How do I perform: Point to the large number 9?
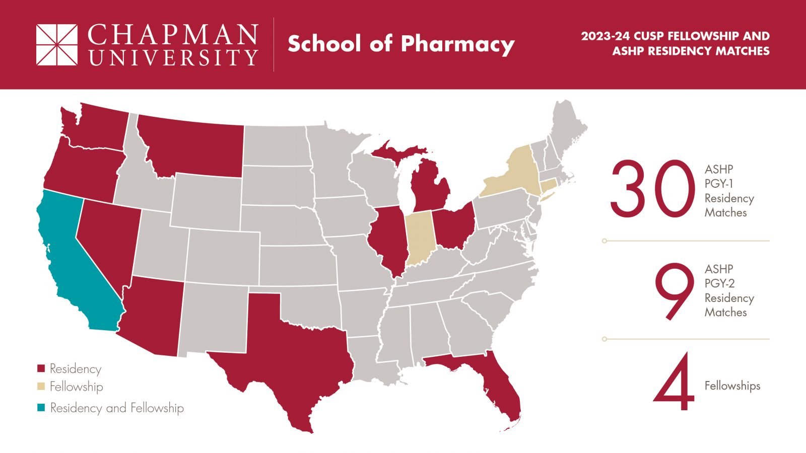click(674, 291)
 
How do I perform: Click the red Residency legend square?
click(41, 369)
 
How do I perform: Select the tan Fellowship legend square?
click(41, 387)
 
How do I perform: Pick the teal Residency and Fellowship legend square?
click(41, 408)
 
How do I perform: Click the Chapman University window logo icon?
click(57, 45)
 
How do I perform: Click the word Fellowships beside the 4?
click(732, 386)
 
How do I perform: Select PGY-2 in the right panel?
click(719, 283)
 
